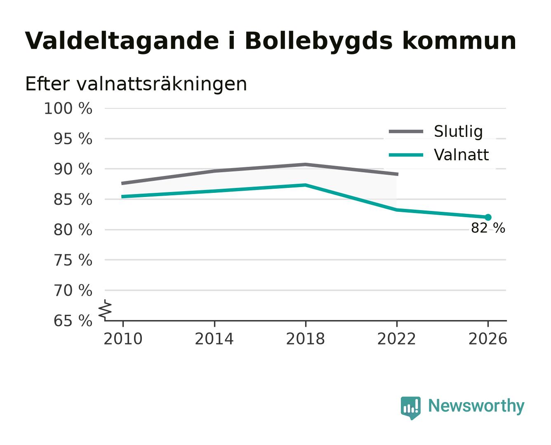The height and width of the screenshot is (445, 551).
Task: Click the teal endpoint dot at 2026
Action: point(487,217)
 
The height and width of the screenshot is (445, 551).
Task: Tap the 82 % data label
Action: point(487,228)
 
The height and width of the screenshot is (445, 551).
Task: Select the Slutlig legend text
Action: point(458,131)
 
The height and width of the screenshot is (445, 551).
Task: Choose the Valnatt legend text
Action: point(461,155)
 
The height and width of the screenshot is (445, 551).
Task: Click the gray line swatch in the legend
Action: point(406,131)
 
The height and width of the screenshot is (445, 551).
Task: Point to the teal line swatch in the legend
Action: point(406,155)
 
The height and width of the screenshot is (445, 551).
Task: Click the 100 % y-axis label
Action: point(68,108)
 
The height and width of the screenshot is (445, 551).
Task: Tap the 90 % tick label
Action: point(73,169)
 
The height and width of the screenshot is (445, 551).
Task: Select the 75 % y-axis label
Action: point(73,260)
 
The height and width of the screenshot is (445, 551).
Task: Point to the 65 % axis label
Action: point(73,321)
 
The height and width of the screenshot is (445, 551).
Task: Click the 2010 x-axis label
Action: point(123,339)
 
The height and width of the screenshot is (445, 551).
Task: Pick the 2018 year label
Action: point(305,339)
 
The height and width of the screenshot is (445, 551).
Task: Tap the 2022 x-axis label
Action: point(396,339)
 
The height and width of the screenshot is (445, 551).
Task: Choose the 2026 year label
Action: point(487,339)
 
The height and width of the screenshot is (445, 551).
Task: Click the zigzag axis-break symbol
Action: point(105,310)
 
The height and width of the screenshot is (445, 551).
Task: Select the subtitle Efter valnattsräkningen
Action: point(136,84)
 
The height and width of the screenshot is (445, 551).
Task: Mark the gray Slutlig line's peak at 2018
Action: point(305,164)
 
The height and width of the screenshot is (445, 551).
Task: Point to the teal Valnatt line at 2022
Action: point(396,210)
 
